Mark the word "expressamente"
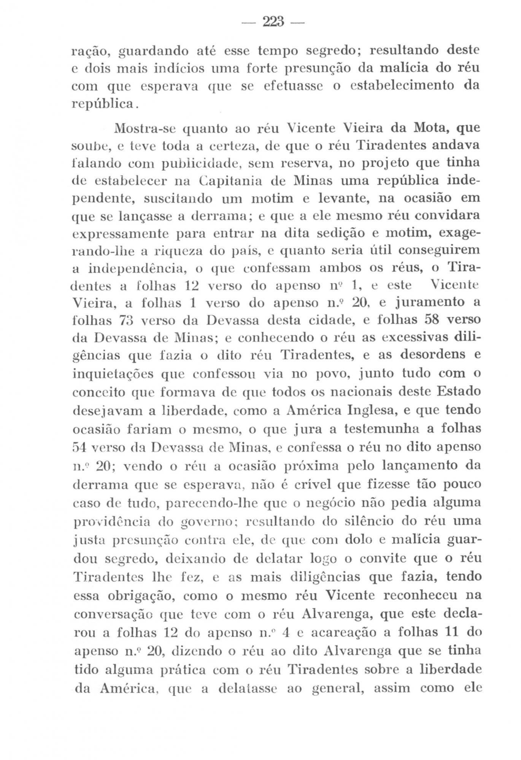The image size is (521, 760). tap(120, 233)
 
